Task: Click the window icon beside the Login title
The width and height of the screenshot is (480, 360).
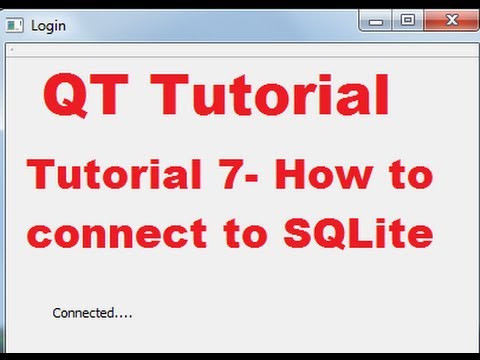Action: point(14,26)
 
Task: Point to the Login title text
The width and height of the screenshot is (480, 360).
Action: point(48,26)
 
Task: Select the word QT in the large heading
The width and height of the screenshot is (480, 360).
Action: point(81,98)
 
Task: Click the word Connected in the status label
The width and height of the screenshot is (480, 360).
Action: point(83,313)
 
